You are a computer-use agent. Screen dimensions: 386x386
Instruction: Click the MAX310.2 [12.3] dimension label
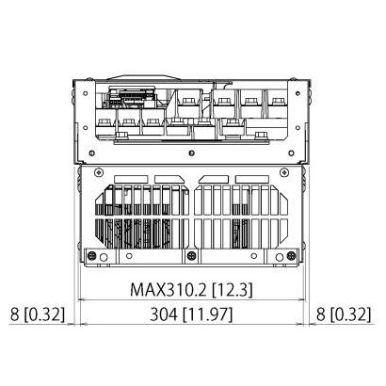(191, 289)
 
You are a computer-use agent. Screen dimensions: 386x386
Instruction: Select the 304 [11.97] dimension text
(191, 314)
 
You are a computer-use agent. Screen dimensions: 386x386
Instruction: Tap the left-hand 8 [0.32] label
(38, 314)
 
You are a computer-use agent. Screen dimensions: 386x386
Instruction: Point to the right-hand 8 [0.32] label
(344, 314)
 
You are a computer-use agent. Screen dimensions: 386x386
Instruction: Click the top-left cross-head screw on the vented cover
(99, 172)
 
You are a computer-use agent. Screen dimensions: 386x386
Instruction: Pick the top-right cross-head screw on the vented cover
(284, 172)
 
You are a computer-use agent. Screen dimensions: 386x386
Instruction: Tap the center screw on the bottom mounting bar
(191, 256)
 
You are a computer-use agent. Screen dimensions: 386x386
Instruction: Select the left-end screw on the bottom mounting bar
(91, 256)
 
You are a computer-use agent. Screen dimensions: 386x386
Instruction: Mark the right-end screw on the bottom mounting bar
(291, 256)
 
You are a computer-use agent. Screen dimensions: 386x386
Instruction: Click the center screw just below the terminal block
(192, 153)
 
